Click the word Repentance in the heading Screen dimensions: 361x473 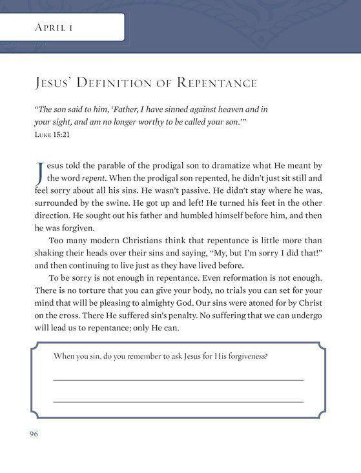point(217,83)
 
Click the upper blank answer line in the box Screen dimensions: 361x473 point(178,380)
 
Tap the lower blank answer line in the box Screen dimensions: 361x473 point(178,401)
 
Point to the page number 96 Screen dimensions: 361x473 point(34,434)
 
